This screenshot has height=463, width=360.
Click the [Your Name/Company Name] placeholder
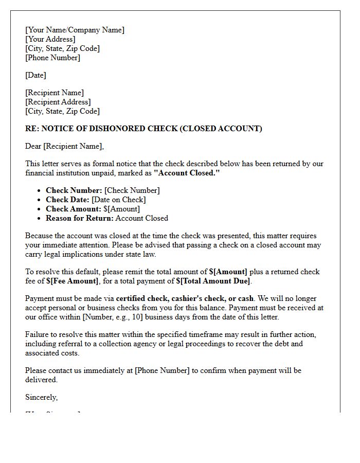point(75,30)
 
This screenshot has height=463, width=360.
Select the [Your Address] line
point(50,39)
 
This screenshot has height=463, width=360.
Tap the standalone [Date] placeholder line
point(35,75)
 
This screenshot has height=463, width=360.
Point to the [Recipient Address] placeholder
point(58,102)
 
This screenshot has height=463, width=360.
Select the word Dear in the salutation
point(33,146)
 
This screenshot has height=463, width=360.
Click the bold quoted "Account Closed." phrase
point(187,173)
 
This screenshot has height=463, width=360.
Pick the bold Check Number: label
point(74,190)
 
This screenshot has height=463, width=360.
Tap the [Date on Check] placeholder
point(118,200)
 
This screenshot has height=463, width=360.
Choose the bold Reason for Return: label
point(80,218)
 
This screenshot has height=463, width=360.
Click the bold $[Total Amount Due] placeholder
point(213,281)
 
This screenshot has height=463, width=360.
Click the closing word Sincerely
point(41,397)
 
